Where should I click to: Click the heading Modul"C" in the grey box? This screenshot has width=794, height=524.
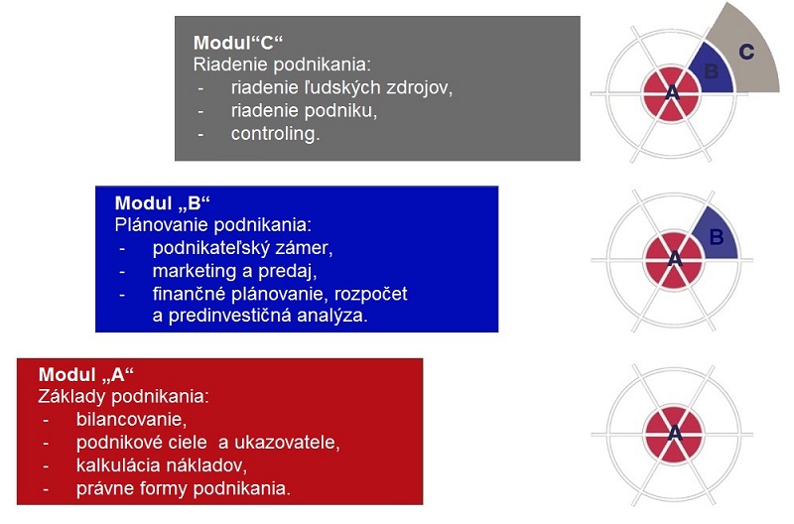click(237, 43)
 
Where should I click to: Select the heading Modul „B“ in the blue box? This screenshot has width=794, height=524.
click(162, 203)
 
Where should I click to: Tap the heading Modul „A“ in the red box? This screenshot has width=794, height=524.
click(85, 375)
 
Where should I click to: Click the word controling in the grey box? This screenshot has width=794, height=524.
click(275, 134)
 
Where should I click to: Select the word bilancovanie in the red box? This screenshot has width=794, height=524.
click(131, 419)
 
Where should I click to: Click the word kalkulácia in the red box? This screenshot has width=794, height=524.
click(117, 464)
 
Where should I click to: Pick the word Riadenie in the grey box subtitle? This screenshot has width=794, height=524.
click(226, 65)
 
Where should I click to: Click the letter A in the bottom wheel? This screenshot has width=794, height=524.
click(675, 434)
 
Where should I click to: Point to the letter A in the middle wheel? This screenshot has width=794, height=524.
click(675, 259)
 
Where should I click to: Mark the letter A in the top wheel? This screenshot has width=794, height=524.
click(672, 93)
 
